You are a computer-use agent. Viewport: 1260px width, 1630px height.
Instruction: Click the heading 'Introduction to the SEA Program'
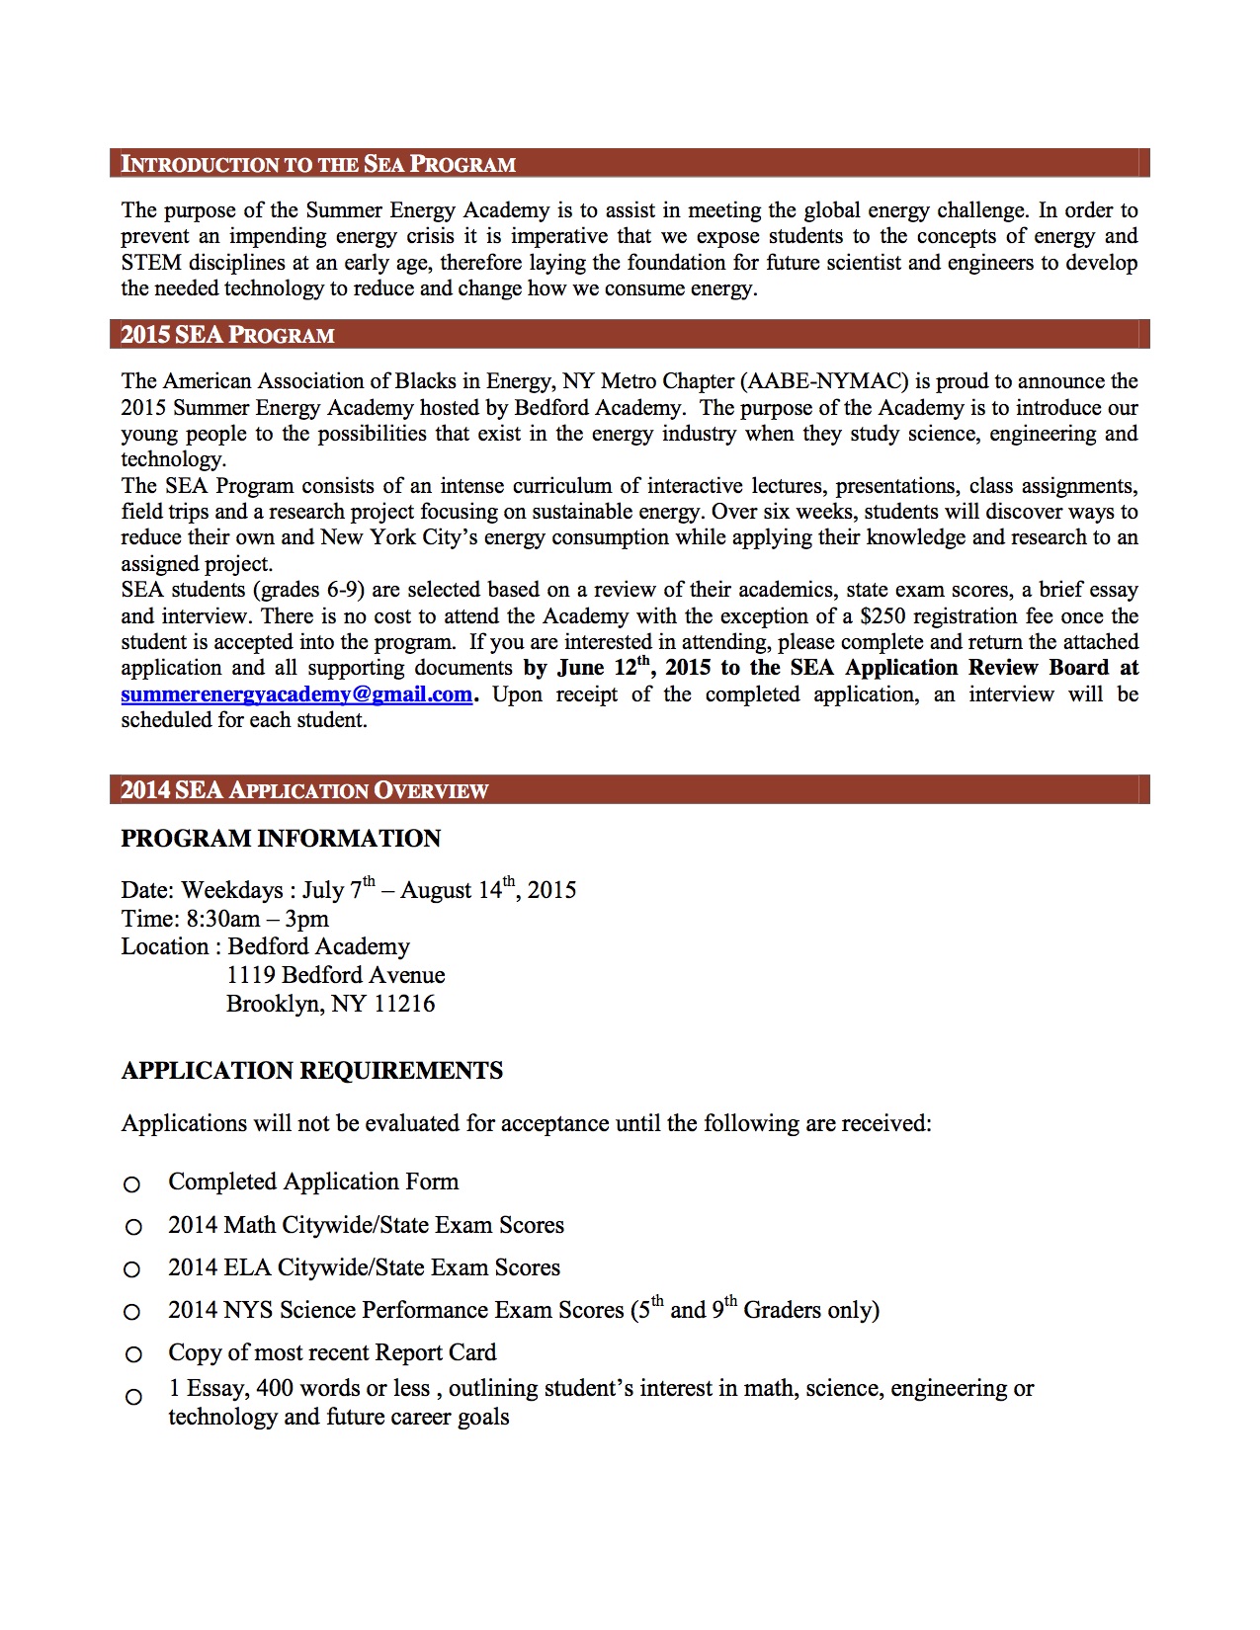tap(318, 164)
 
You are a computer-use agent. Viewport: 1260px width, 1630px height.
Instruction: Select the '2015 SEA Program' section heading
tap(227, 335)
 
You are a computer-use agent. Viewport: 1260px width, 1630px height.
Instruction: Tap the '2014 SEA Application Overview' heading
tap(304, 790)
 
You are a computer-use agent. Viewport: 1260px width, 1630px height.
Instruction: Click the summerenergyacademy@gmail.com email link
tap(296, 694)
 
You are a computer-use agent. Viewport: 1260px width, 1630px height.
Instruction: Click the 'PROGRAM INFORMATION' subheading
tap(281, 839)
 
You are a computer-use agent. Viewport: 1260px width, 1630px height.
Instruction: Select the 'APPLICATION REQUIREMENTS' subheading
tap(311, 1071)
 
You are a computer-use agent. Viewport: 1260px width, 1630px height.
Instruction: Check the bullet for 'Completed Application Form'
tap(132, 1183)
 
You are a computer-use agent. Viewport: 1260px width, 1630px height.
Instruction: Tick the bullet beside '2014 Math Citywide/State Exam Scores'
tap(132, 1227)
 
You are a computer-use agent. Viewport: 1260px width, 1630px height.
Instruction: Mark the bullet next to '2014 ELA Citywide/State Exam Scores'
tap(132, 1269)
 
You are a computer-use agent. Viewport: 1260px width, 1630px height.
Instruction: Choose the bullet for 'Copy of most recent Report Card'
tap(132, 1354)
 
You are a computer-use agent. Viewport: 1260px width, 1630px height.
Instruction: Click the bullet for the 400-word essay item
tap(132, 1397)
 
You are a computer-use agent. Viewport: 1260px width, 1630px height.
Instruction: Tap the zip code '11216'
tap(404, 1004)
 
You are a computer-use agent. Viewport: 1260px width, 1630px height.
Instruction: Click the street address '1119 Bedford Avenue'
tap(335, 975)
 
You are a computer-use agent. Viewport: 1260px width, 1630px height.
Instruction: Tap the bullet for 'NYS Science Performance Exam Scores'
tap(132, 1312)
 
